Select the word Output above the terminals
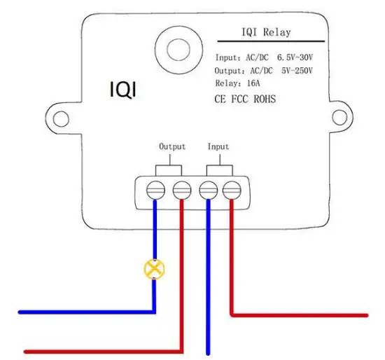(172, 147)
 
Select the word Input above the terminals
(218, 147)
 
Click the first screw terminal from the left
(155, 189)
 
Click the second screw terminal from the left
(181, 189)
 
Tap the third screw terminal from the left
(207, 189)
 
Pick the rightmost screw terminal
(231, 189)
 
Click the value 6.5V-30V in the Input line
(297, 57)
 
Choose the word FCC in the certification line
(240, 99)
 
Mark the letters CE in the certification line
(220, 99)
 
